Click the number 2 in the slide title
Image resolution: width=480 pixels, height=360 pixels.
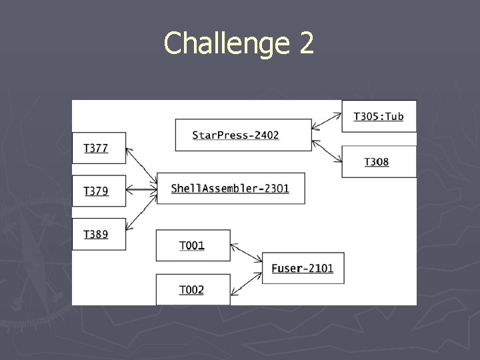[306, 44]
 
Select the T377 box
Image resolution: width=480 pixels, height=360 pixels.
[99, 147]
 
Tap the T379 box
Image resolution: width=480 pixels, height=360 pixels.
[99, 191]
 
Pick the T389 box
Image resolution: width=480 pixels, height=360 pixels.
[99, 234]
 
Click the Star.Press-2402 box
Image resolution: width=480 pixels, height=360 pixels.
[243, 135]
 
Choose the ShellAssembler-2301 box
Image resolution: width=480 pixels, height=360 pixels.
[231, 189]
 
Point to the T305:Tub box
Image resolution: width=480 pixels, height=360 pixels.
[379, 116]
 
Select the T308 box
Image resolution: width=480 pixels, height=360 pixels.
[379, 161]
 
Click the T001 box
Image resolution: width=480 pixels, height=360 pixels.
[193, 245]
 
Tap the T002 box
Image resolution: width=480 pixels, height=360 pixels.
[193, 290]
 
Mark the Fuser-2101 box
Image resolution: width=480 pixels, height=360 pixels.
[303, 268]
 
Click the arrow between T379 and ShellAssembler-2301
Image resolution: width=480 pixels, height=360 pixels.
[141, 191]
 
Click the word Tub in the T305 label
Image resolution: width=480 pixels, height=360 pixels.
[393, 116]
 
